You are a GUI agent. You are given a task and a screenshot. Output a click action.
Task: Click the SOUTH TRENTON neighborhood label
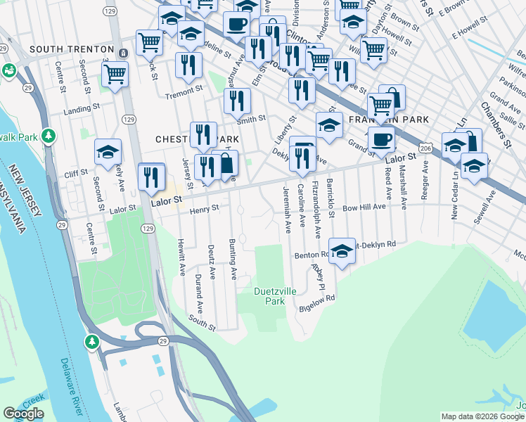coord(71,49)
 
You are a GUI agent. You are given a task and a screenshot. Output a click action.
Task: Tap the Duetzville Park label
coord(269,295)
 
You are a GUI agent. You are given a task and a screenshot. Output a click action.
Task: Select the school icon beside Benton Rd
coord(342,251)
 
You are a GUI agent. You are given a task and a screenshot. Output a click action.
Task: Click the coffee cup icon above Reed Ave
coord(381,140)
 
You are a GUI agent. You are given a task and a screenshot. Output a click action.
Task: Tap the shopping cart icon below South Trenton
coord(115,74)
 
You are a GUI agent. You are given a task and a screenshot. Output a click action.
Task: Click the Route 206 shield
coord(426,148)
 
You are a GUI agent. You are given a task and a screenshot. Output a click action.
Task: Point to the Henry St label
coord(205,208)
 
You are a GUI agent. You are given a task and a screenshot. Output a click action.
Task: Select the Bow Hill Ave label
coord(364,208)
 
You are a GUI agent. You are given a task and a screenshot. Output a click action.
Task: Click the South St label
coord(201,324)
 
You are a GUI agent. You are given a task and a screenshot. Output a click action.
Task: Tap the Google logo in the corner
coord(23,414)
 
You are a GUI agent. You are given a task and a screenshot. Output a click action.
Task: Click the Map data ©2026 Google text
coord(482,416)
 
